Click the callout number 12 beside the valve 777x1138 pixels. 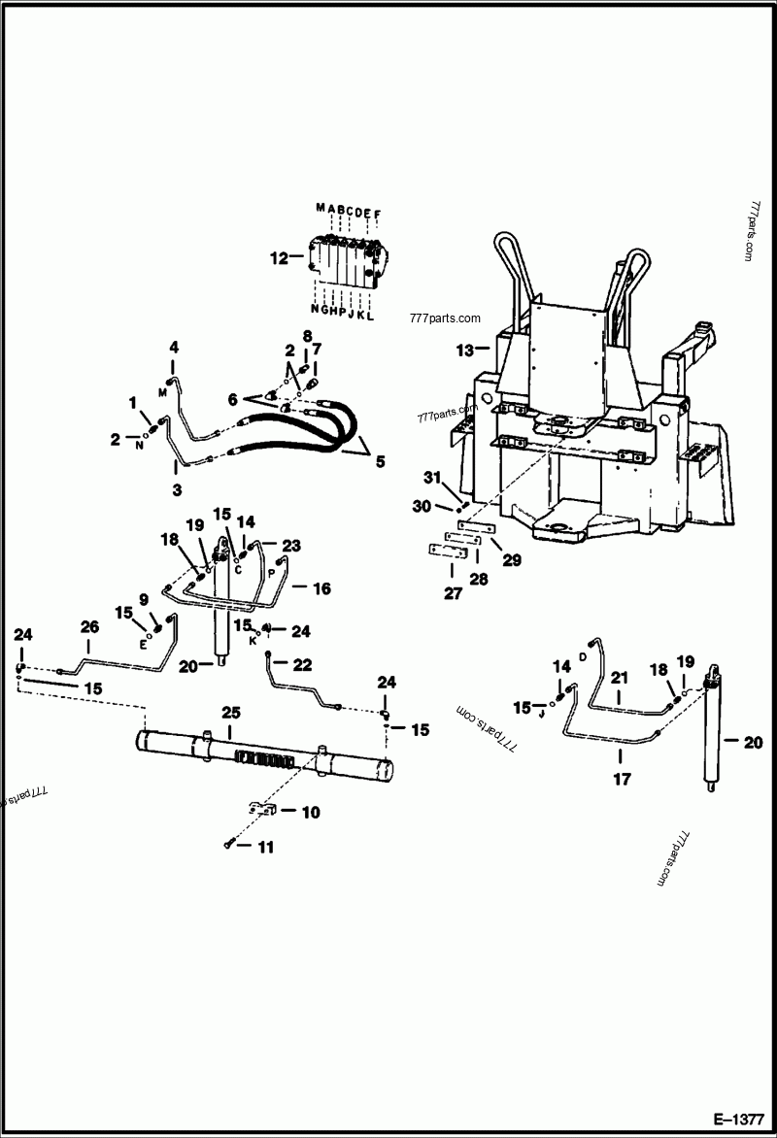pos(280,258)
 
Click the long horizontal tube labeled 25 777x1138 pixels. pos(262,755)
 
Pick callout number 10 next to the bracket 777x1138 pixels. pos(311,812)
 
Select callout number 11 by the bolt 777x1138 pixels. pos(265,847)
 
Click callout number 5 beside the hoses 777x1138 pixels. pos(381,462)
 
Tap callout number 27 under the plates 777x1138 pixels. pos(453,593)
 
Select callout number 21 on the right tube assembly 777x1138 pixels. pos(620,678)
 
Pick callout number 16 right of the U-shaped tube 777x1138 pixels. pos(321,588)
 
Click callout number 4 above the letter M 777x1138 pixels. pos(175,347)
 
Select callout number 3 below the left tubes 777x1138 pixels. pos(177,491)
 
